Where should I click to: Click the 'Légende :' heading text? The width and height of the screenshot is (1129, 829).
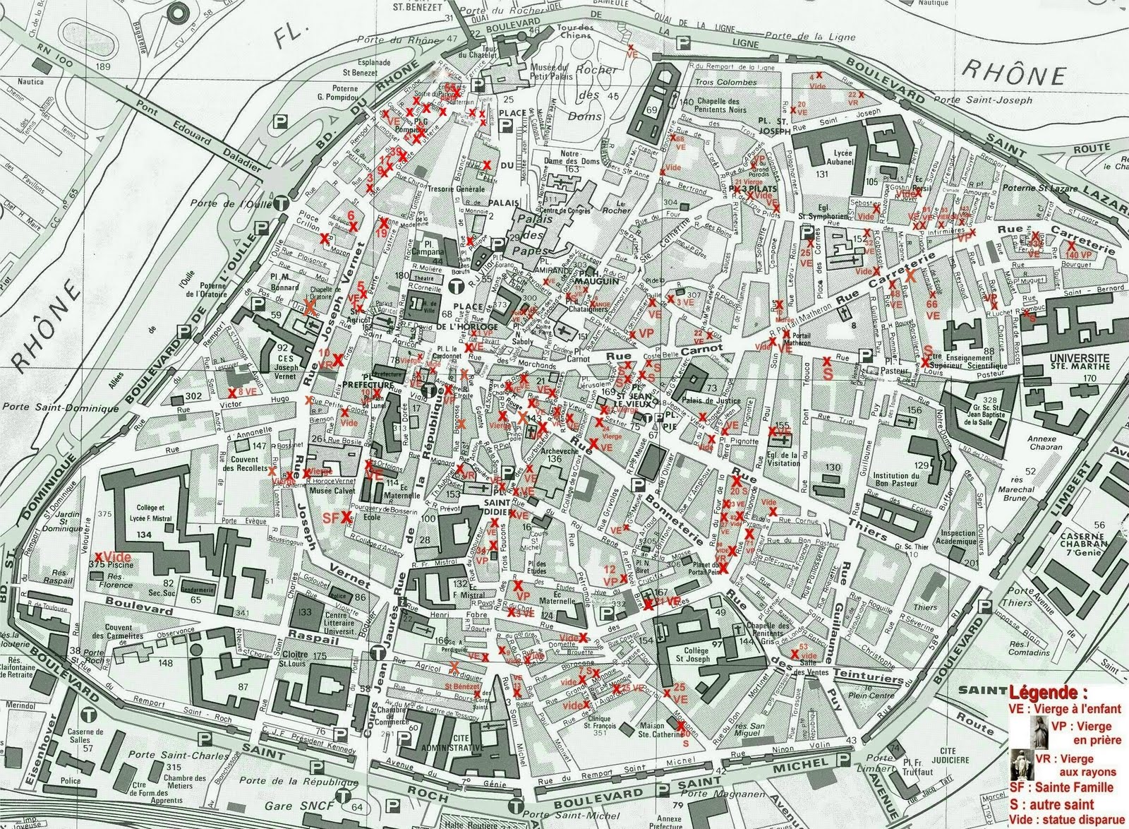tap(1048, 691)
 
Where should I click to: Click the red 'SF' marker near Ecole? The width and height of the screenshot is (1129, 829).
tap(331, 518)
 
